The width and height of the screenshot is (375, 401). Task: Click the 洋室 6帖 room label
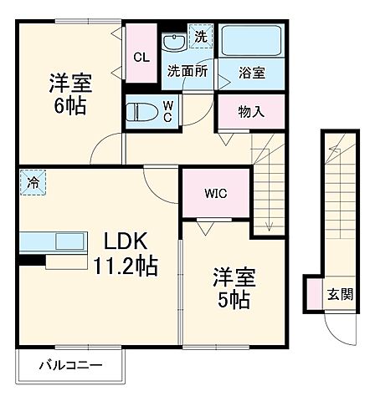pos(69,94)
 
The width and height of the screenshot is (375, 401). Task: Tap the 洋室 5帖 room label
pos(233,287)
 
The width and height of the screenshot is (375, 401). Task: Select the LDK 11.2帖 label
pos(126,253)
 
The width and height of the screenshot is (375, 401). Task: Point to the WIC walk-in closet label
pos(216,192)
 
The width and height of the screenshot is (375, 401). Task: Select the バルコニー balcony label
pos(71,365)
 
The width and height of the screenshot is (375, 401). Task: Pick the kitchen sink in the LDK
pos(68,242)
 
